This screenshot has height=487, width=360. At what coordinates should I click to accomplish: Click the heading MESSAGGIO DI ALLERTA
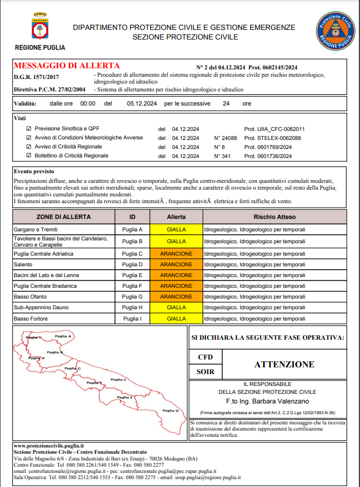(x=67, y=65)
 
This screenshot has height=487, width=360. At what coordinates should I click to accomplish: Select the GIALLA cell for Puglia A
(x=176, y=230)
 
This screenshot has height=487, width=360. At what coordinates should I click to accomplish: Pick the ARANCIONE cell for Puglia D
(x=176, y=264)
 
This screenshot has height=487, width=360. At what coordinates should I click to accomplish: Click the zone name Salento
(x=23, y=264)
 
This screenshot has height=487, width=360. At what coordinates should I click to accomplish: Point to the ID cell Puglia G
(x=133, y=297)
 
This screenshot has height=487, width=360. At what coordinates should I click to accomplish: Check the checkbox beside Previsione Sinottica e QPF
(x=29, y=129)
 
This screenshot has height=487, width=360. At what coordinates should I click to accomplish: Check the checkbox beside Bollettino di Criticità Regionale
(x=29, y=156)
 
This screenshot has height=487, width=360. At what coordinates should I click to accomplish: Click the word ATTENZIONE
(x=284, y=365)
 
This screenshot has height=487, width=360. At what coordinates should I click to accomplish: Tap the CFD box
(x=205, y=357)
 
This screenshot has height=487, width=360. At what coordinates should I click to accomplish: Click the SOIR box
(x=205, y=372)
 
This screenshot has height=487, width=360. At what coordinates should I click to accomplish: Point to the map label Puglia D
(x=170, y=411)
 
